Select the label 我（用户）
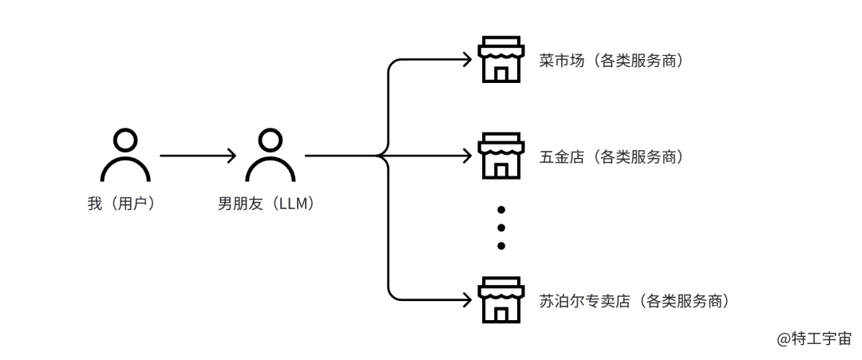(x=121, y=204)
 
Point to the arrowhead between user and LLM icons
(x=232, y=156)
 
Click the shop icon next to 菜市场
(x=500, y=60)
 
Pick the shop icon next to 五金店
(x=500, y=156)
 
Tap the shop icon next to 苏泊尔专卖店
(x=500, y=300)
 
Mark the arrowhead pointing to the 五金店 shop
(x=468, y=156)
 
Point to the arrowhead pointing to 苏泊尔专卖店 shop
(x=468, y=300)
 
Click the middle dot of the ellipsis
(x=501, y=227)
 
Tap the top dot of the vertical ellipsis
(x=501, y=210)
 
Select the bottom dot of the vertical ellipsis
(x=501, y=246)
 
